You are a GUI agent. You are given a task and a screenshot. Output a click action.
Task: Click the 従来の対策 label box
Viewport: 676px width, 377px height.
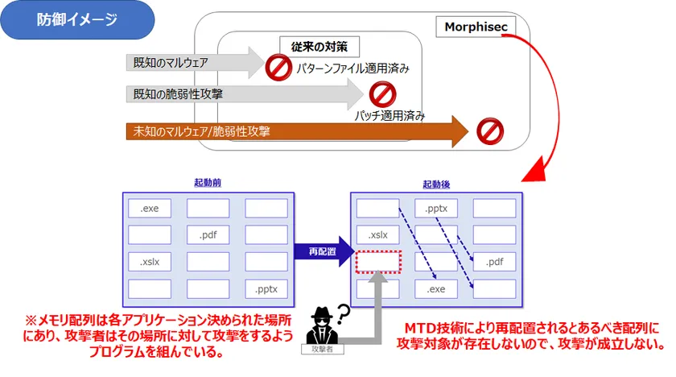click(319, 45)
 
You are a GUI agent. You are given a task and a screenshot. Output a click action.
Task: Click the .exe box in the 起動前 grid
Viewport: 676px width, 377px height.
click(150, 209)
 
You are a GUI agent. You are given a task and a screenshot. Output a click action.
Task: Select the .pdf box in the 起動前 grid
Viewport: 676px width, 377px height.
click(208, 235)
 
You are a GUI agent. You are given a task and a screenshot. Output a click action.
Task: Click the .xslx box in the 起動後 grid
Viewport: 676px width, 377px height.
click(377, 235)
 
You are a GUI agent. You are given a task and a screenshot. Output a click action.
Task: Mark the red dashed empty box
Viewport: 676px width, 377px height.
click(377, 262)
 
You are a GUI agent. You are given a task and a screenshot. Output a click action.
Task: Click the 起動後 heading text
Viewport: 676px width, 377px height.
click(435, 184)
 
